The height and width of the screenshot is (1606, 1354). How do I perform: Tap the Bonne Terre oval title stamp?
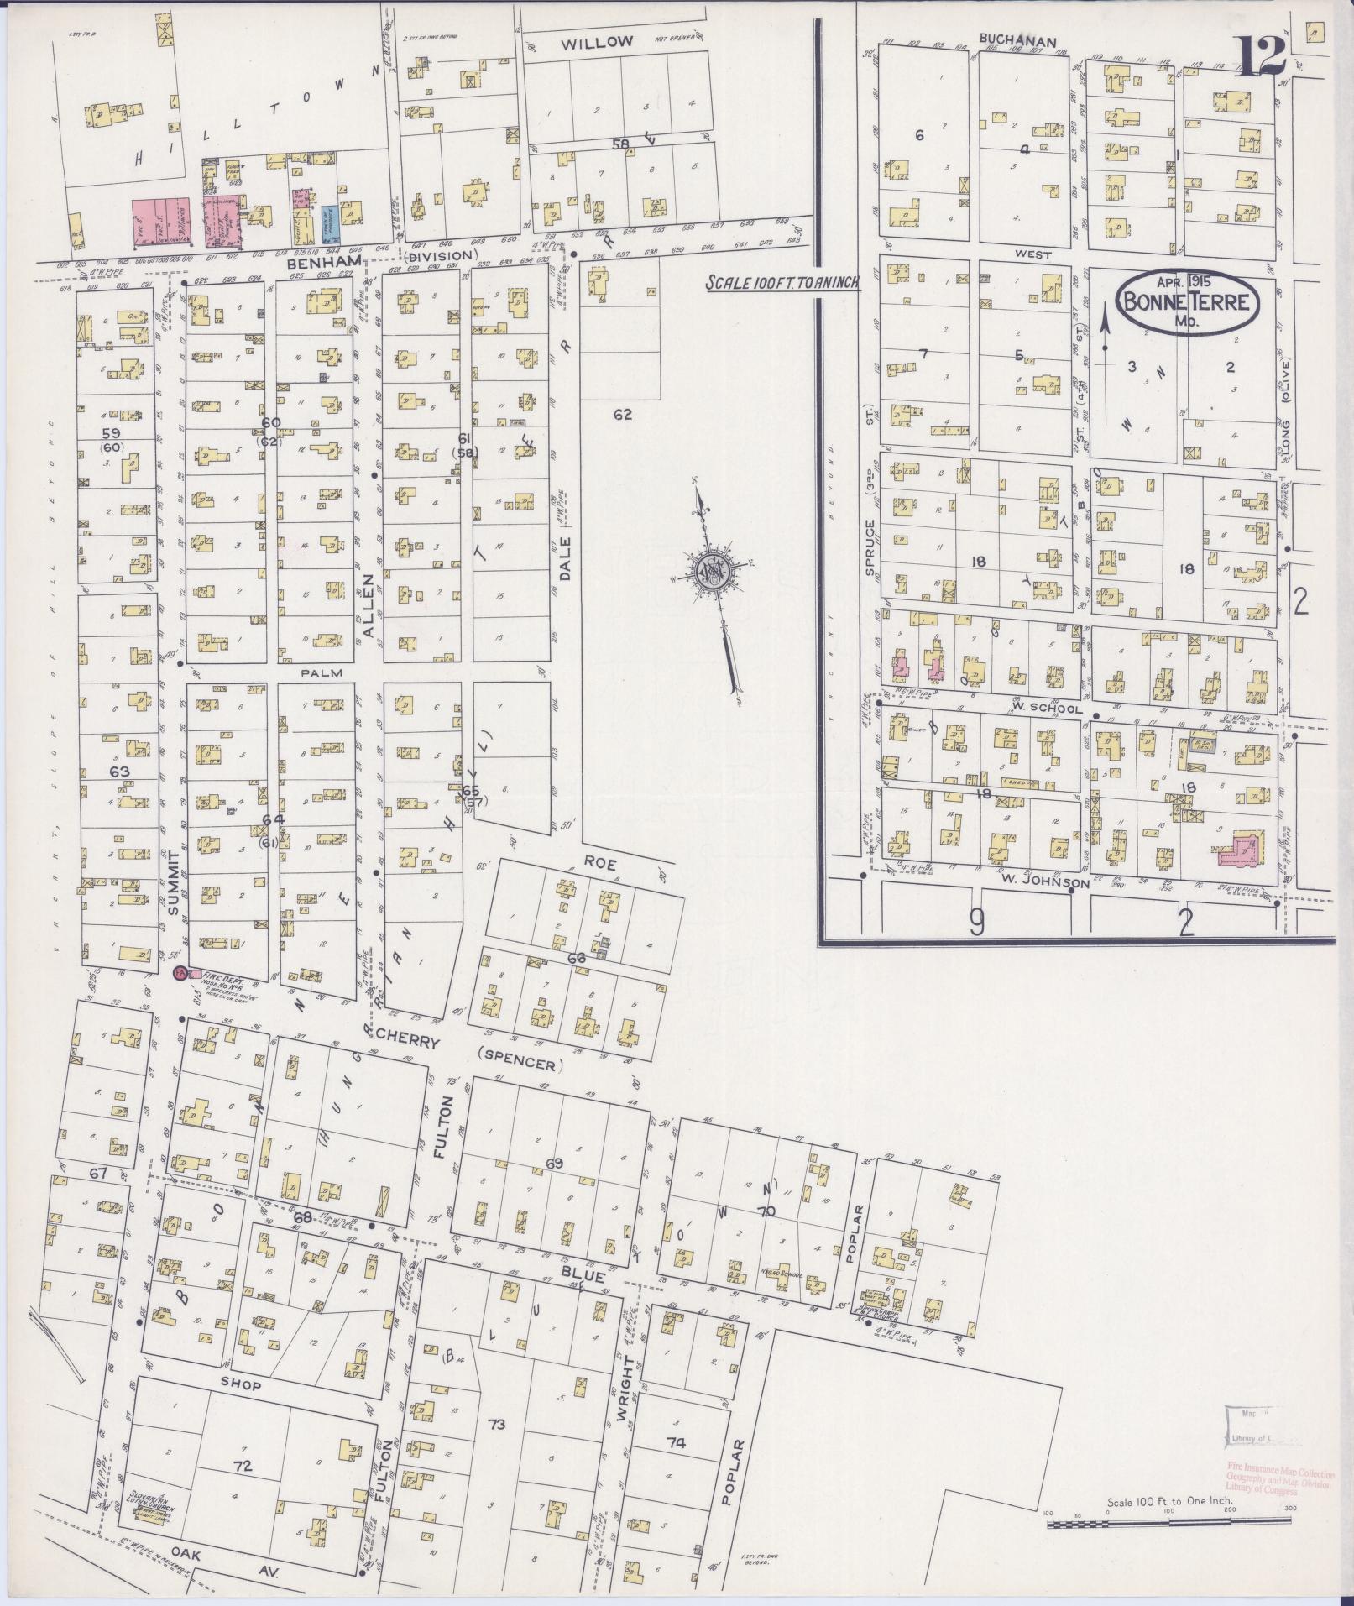[x=1187, y=301]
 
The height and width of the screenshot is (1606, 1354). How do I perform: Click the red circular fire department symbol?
[x=180, y=974]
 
